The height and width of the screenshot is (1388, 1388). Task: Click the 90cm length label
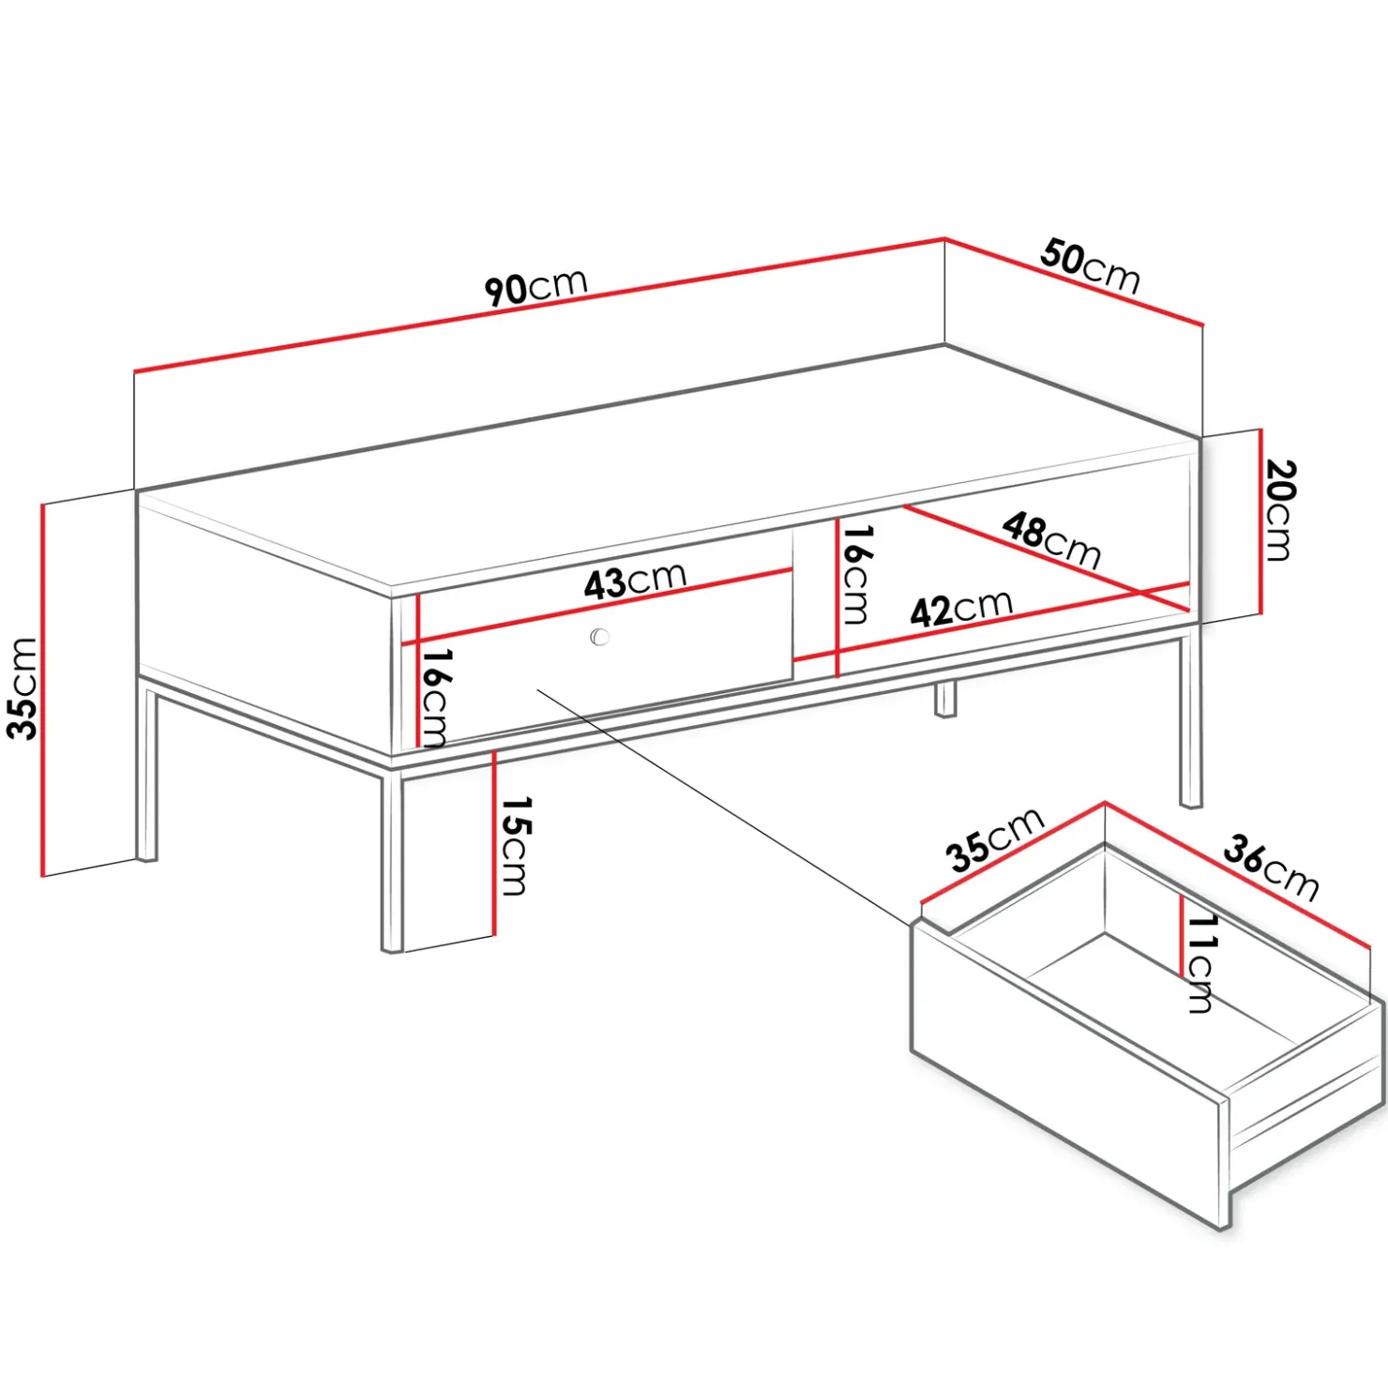coord(536,286)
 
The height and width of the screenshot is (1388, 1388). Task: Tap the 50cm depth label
coord(1090,266)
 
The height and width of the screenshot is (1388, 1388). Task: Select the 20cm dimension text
coord(1278,509)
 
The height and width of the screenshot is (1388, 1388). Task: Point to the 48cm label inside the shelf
coord(1051,540)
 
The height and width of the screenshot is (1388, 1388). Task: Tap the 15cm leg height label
coord(515,845)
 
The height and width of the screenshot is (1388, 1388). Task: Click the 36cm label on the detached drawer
coord(1271,867)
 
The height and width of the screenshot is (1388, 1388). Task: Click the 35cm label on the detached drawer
coord(994,838)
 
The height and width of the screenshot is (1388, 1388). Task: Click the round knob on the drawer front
coord(600,637)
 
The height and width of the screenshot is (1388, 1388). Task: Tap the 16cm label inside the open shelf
coord(855,574)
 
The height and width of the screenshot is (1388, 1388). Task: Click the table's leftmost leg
coord(147,773)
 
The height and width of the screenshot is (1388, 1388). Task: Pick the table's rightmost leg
coord(1190,719)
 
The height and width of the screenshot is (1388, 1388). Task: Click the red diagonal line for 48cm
coord(1047,557)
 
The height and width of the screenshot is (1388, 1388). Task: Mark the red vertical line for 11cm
coord(1182,936)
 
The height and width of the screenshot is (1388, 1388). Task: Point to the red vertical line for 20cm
coord(1261,521)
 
